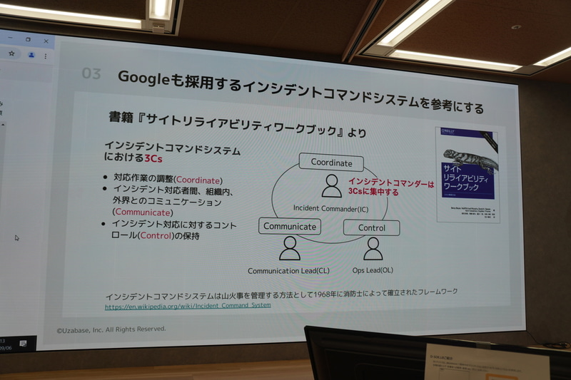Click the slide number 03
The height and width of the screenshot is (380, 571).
pos(91,73)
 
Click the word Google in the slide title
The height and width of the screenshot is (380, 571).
pos(141,77)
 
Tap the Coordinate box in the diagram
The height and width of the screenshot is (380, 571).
pos(331,163)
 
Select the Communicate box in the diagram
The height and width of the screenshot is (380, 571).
pos(289,226)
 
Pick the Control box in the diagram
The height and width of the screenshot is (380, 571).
pos(371,228)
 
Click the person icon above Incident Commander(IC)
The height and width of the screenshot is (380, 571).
pos(331,186)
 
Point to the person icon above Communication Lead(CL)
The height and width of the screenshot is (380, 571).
pos(289,248)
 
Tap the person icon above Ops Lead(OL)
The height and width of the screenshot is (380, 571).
pos(373,249)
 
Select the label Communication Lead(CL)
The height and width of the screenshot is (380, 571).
pos(288,271)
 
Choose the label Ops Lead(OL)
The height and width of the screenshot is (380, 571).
pos(373,270)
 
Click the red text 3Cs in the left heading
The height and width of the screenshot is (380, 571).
pos(153,159)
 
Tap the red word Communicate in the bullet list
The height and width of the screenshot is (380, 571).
pos(143,212)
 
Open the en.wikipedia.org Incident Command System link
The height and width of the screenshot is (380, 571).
pos(188,306)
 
